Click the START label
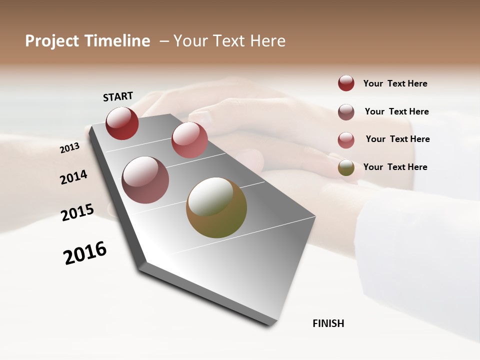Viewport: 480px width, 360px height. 118,96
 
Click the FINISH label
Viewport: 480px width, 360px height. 328,323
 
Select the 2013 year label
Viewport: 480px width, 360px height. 69,148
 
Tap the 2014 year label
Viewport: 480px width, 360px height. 74,177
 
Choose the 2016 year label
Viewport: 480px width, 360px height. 85,253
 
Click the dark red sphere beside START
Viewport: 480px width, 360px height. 122,123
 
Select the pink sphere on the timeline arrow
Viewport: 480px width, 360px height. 189,140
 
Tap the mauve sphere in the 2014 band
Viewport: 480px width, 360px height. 145,180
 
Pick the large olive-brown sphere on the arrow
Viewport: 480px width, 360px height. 216,207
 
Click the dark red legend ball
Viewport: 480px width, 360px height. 346,83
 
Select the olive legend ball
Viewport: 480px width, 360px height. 346,167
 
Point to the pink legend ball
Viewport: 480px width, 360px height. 346,140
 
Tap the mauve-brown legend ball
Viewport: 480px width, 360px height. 346,112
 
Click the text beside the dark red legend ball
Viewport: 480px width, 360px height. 395,84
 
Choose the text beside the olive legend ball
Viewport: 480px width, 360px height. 395,167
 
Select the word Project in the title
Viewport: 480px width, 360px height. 52,41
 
